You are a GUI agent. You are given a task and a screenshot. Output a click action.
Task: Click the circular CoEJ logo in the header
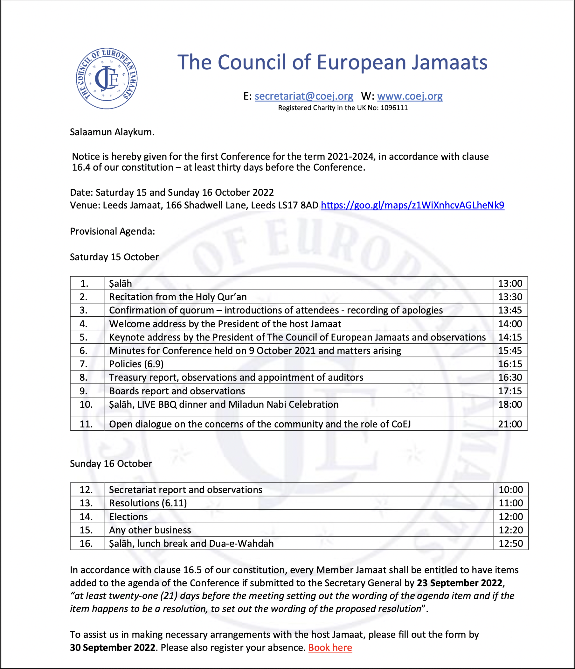coord(107,79)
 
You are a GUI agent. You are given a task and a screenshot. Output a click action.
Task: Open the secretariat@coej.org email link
coord(304,96)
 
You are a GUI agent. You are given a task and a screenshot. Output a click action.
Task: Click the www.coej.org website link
coord(410,96)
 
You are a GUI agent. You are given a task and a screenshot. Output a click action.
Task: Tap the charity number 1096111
coord(394,108)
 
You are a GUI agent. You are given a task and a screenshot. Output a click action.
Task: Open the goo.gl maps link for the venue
coord(412,205)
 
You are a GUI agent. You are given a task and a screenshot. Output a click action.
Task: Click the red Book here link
coord(330,648)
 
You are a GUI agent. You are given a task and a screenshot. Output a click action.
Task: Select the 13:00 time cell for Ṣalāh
coord(510,284)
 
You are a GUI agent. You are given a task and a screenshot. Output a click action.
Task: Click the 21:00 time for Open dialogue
coord(510,424)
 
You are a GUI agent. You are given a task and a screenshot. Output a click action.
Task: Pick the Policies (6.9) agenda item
coord(136,364)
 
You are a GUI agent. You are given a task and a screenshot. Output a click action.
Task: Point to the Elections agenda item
coord(128,517)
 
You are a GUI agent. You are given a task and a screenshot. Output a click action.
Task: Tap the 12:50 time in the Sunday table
coord(510,543)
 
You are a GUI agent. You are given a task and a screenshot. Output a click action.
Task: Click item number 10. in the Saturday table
coord(86,405)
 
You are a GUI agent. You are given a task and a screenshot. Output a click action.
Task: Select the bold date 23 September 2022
coord(459,583)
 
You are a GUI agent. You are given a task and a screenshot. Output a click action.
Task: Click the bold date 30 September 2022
coord(113,648)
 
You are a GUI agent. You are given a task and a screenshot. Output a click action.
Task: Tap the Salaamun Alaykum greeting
coord(112,132)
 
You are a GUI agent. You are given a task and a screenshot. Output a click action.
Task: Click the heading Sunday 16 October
coord(111,464)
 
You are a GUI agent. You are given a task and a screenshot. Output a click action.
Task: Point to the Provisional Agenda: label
coord(112,231)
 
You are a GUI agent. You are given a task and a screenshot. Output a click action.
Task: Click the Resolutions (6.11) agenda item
coord(148,503)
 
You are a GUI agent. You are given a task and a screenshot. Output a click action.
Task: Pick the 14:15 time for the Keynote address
coord(510,337)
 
